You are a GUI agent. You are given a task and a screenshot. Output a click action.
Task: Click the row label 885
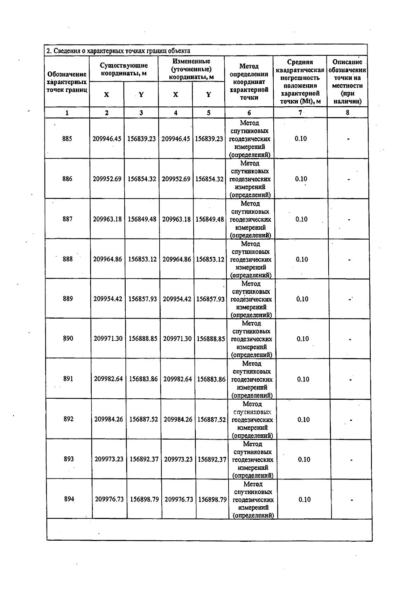[67, 139]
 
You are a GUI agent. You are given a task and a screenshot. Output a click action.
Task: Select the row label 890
[68, 339]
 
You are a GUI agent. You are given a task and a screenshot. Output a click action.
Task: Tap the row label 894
[69, 499]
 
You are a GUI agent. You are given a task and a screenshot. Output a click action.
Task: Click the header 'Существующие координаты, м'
[124, 69]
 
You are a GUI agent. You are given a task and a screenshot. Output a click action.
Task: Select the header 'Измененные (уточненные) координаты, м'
[191, 69]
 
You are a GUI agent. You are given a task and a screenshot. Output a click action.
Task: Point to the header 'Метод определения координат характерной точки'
[249, 82]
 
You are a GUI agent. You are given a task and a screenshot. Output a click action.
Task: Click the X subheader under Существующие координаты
[106, 95]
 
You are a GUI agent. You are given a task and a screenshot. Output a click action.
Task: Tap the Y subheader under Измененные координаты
[209, 95]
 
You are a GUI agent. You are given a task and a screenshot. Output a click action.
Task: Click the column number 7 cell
[300, 113]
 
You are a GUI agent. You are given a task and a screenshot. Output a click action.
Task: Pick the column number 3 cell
[141, 113]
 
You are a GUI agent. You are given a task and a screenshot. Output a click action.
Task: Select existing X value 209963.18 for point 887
[107, 219]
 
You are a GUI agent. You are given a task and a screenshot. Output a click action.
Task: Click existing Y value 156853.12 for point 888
[142, 259]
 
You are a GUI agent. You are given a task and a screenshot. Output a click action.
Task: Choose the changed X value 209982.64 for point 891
[178, 379]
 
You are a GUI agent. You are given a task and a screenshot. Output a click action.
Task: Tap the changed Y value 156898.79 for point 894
[212, 499]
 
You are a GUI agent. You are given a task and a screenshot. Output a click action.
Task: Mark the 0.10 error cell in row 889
[302, 299]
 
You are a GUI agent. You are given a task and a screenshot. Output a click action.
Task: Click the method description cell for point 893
[253, 460]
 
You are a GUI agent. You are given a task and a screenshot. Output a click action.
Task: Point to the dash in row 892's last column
[351, 420]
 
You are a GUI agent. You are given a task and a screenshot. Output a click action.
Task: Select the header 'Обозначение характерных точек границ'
[66, 82]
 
